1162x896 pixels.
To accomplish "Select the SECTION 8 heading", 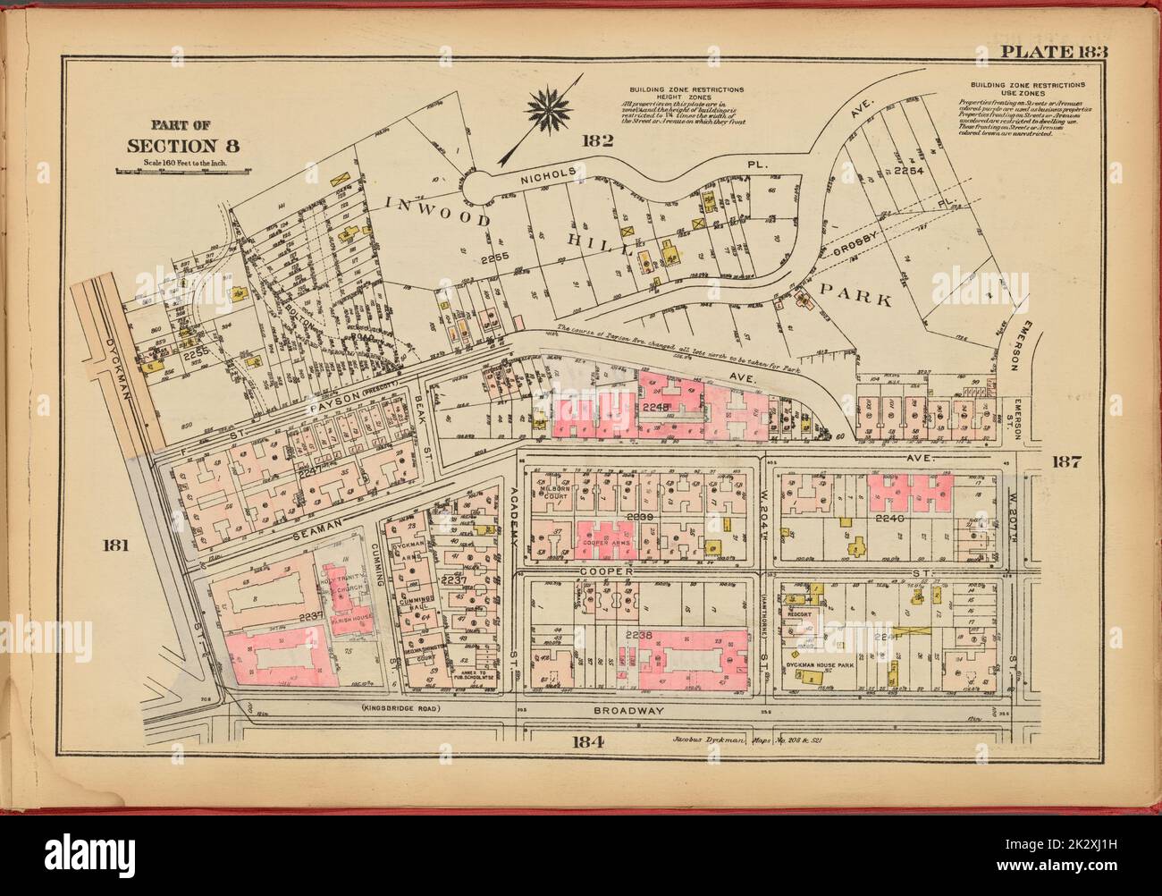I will (183, 147).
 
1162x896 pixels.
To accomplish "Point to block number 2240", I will (890, 518).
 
